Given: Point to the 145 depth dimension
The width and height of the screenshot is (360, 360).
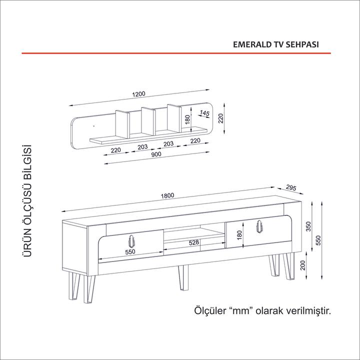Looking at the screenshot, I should [x=204, y=113].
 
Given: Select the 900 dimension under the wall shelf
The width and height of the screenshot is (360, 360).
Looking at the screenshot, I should [x=155, y=154].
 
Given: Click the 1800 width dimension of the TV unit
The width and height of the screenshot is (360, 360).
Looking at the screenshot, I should [x=167, y=195].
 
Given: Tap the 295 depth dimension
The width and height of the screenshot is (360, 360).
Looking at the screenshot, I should [x=292, y=188].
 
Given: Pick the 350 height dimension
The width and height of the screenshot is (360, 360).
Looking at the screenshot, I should [x=309, y=226].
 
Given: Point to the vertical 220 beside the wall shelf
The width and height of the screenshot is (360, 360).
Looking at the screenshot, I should [x=220, y=118].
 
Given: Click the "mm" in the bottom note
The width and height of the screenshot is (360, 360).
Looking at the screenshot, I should [x=242, y=311].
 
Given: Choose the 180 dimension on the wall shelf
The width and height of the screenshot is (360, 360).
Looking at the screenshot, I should [x=187, y=119].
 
